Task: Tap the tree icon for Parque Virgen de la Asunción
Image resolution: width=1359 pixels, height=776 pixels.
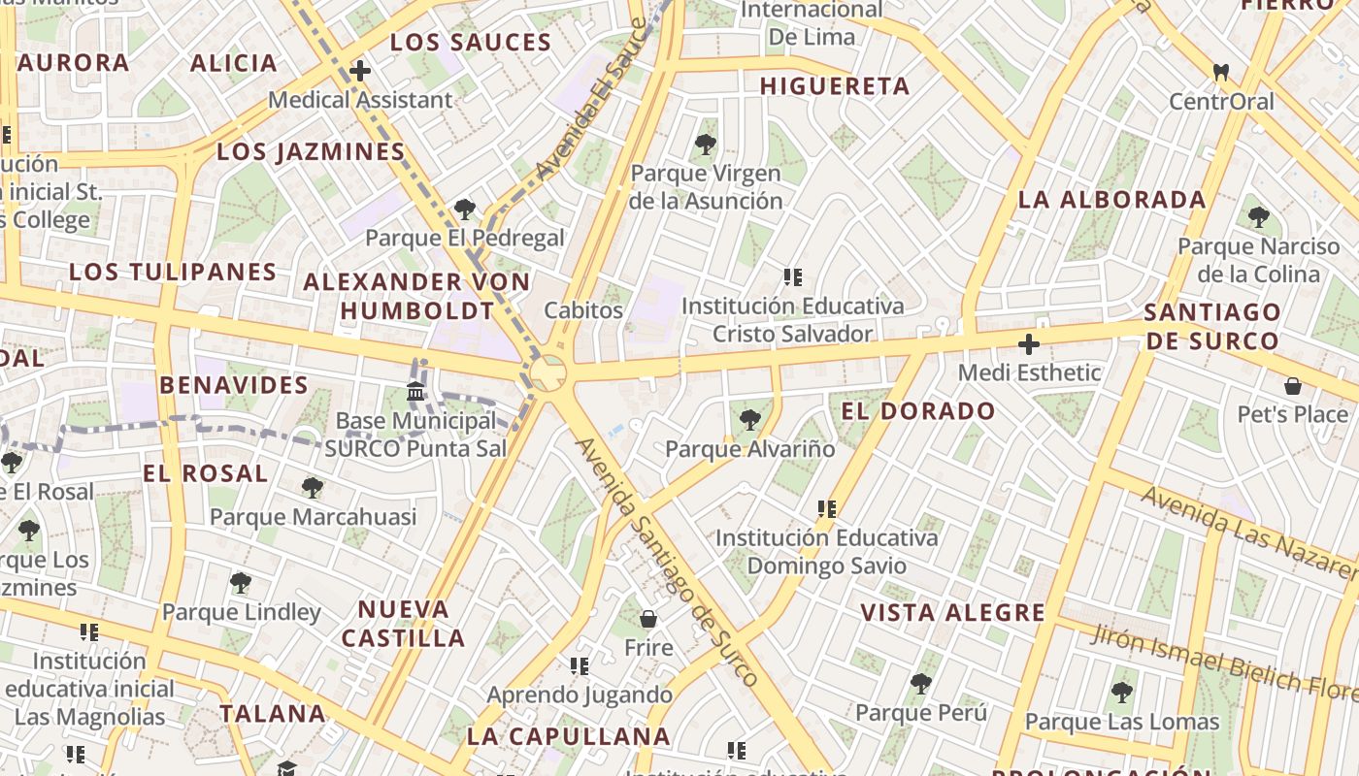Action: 706,145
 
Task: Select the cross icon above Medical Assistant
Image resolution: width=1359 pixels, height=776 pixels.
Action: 360,71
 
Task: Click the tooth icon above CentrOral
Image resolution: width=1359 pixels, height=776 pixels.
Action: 1221,72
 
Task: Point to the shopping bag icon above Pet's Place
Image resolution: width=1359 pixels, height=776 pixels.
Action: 1293,386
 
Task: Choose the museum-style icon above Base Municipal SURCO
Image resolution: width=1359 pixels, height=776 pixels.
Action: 415,392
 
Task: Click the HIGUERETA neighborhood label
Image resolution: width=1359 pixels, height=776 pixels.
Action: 835,86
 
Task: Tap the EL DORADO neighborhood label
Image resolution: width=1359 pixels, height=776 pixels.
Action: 918,410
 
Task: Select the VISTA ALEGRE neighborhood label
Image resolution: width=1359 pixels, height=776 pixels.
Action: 953,612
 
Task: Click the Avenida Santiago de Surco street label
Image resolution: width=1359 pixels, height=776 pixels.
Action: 666,562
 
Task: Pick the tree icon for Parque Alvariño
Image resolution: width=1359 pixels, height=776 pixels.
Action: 749,420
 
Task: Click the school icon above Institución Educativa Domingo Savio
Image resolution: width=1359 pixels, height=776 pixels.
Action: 827,507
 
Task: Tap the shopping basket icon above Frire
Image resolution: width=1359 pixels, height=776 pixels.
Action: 648,619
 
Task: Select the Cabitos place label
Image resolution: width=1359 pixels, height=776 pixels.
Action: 583,310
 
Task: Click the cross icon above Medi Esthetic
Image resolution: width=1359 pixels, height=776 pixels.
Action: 1029,343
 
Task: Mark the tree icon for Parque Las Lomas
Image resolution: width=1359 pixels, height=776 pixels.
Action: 1122,693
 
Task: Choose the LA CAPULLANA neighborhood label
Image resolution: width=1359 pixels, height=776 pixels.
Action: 569,736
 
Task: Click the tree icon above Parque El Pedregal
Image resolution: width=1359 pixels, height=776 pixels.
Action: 465,209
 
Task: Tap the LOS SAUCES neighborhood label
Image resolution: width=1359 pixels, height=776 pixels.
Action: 471,43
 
